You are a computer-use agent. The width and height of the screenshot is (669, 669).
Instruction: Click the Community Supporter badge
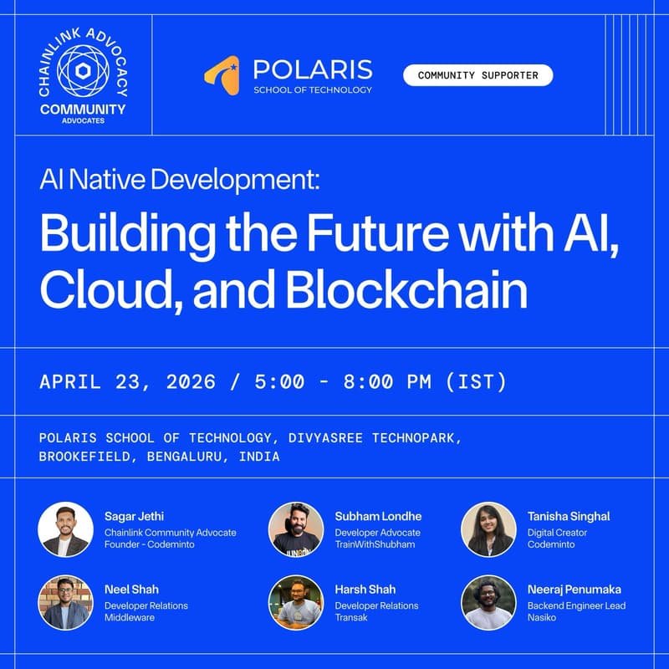pyautogui.click(x=477, y=75)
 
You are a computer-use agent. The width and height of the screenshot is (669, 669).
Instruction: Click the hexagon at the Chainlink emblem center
pyautogui.click(x=82, y=70)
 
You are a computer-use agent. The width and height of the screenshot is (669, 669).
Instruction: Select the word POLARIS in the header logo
pyautogui.click(x=312, y=69)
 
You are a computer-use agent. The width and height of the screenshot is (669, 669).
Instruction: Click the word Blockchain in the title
pyautogui.click(x=408, y=290)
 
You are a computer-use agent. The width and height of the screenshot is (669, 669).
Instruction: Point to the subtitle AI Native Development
pyautogui.click(x=179, y=181)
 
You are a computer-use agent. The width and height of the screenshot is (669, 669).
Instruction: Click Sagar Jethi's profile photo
pyautogui.click(x=65, y=529)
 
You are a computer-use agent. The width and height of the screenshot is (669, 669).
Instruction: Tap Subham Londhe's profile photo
pyautogui.click(x=296, y=529)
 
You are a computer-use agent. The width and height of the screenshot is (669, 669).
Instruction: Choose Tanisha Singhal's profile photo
pyautogui.click(x=488, y=529)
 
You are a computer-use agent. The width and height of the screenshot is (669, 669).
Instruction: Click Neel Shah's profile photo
pyautogui.click(x=65, y=602)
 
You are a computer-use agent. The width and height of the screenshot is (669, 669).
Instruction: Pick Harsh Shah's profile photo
pyautogui.click(x=296, y=602)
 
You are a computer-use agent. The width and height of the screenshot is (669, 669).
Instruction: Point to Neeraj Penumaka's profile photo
pyautogui.click(x=488, y=602)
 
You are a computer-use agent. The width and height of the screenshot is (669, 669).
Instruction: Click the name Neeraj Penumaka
pyautogui.click(x=574, y=590)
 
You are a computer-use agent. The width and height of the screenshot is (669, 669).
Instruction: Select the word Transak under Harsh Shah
pyautogui.click(x=352, y=618)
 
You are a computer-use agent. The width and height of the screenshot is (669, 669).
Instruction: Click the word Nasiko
pyautogui.click(x=542, y=618)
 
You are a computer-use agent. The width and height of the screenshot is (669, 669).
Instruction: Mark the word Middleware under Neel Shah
pyautogui.click(x=130, y=618)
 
